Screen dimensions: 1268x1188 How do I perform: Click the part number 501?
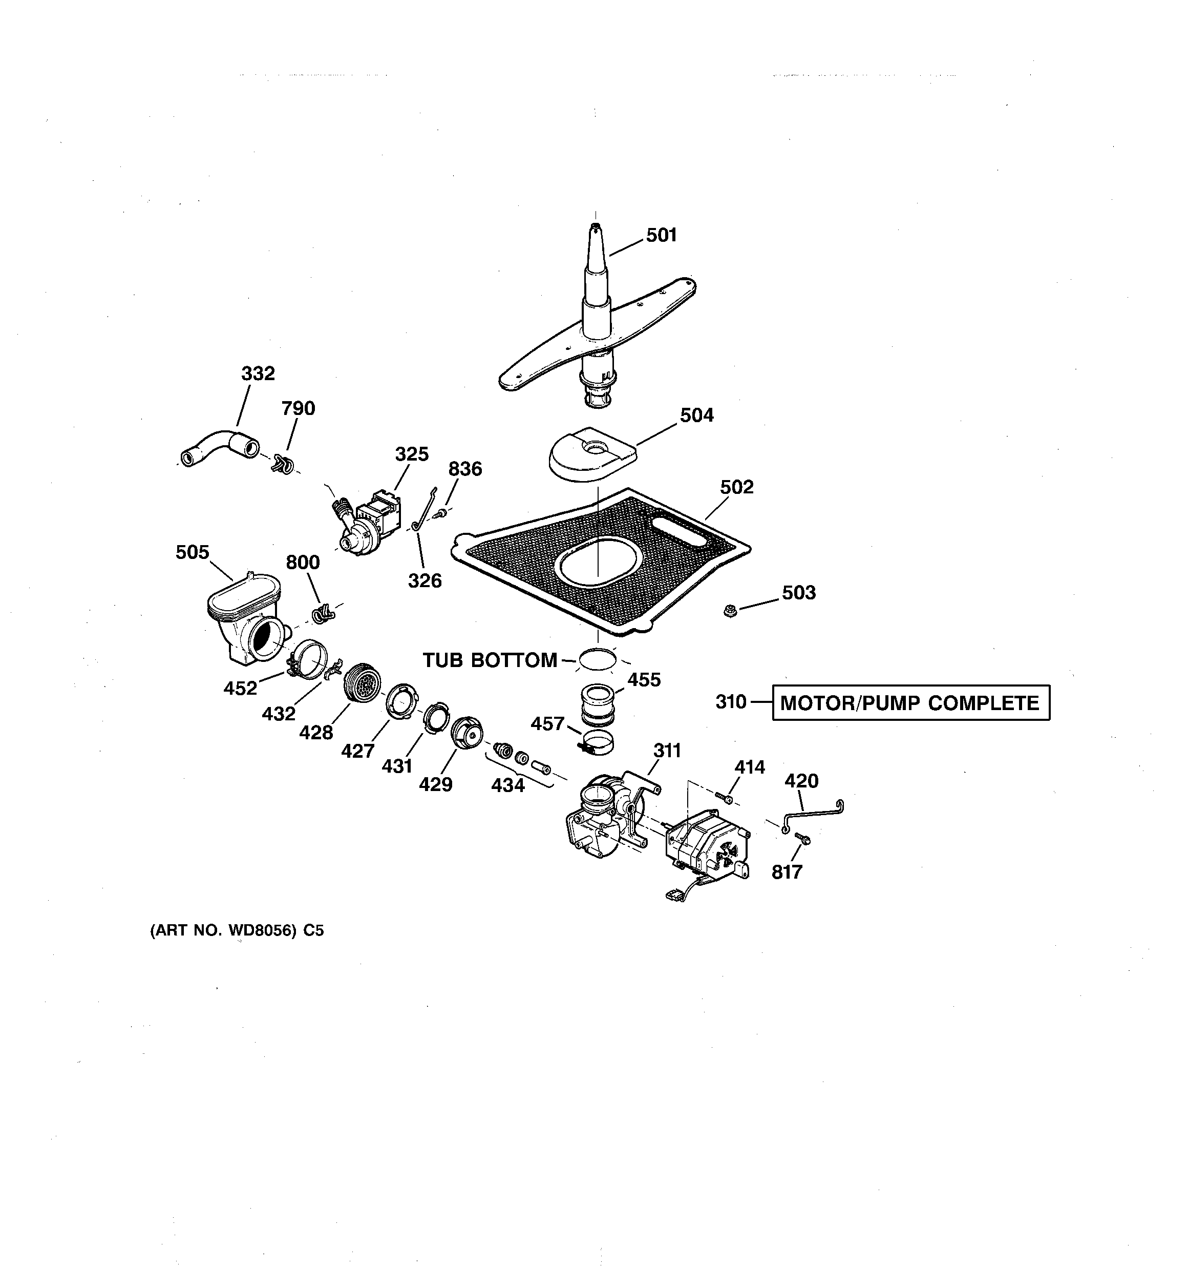pos(661,235)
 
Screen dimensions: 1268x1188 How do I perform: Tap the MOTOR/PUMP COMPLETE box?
pos(910,703)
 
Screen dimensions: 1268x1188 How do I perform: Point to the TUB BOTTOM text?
pos(490,660)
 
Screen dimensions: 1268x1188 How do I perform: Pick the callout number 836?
pos(465,469)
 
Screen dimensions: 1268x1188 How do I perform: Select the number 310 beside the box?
pos(731,702)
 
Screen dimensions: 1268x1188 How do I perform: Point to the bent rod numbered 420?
pos(814,815)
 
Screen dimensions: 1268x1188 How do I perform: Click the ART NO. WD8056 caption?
pos(237,930)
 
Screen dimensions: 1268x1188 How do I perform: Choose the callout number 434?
pos(507,785)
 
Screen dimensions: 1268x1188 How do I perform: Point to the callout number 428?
pos(316,733)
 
